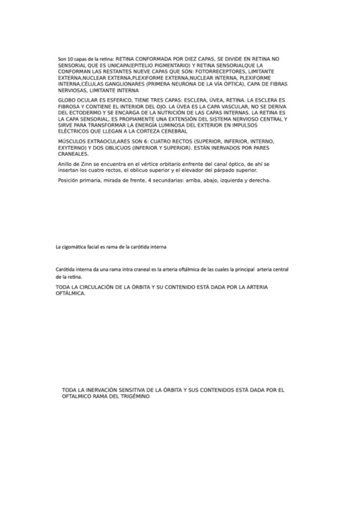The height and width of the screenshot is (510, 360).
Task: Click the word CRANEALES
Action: pyautogui.click(x=73, y=154)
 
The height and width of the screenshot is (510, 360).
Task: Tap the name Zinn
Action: pyautogui.click(x=85, y=164)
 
